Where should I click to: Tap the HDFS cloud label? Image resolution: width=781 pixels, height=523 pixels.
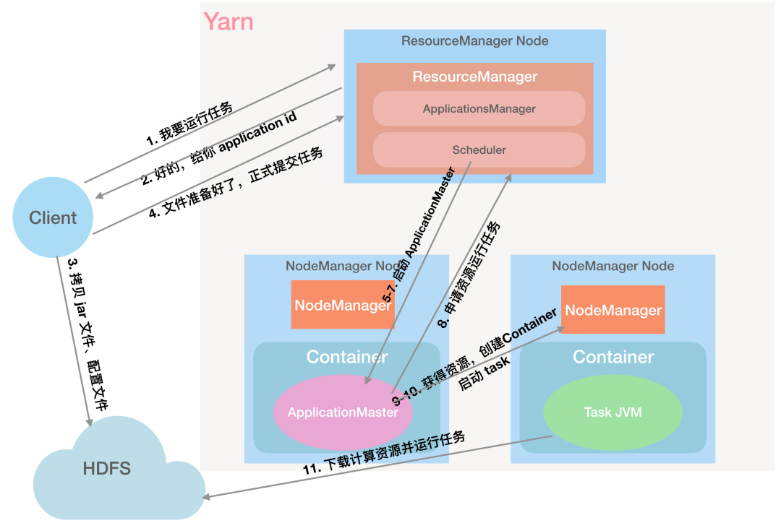click(x=107, y=468)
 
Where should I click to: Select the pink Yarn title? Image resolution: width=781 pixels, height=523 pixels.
click(x=229, y=22)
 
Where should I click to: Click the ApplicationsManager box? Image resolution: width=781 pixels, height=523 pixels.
click(x=479, y=108)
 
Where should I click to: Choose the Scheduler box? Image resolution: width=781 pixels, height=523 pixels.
click(x=479, y=150)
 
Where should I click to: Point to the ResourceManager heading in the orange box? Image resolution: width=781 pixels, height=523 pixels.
click(x=475, y=77)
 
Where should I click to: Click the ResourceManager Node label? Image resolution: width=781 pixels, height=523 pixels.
click(x=475, y=41)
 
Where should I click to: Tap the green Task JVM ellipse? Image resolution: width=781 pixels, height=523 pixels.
click(x=613, y=412)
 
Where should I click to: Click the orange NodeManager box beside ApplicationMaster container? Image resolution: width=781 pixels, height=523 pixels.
click(x=343, y=305)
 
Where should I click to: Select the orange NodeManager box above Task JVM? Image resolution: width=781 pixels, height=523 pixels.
click(x=613, y=310)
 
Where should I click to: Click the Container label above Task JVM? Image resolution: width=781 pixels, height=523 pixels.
click(x=613, y=357)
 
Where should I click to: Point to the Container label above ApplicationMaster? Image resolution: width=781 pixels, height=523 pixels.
click(x=347, y=357)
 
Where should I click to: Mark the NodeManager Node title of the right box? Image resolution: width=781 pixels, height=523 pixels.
click(x=613, y=266)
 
